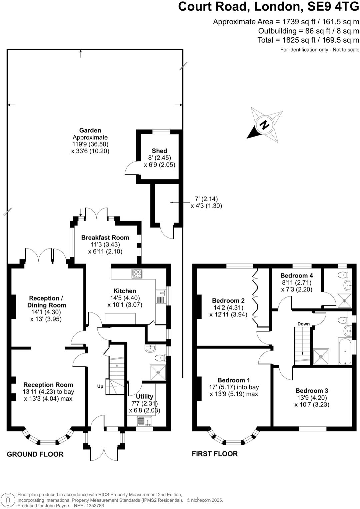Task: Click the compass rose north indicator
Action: click(x=265, y=125)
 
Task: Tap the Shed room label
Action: click(x=159, y=151)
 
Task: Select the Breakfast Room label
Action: click(x=105, y=238)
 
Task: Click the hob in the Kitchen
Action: click(x=137, y=273)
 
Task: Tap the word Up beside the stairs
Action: click(x=100, y=386)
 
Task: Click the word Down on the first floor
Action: click(x=303, y=324)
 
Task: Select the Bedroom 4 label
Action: click(x=296, y=275)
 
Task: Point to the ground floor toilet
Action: click(x=161, y=358)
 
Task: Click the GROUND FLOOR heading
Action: click(x=35, y=454)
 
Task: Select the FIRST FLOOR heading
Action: click(x=215, y=454)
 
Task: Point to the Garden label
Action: click(x=90, y=130)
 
